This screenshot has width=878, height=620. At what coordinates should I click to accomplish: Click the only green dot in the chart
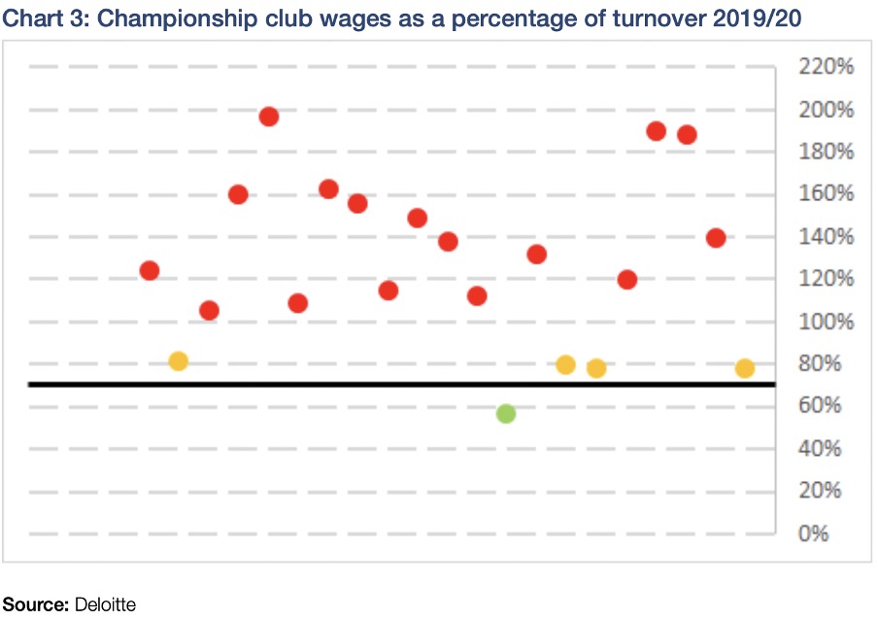(505, 414)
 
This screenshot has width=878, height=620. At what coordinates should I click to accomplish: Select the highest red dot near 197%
(269, 117)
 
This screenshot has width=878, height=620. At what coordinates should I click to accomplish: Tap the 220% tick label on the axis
(826, 67)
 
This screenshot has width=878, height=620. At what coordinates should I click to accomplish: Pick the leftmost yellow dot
(178, 362)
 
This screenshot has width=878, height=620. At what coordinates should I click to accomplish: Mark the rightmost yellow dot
(745, 368)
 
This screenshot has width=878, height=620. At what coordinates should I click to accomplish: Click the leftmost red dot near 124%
(149, 271)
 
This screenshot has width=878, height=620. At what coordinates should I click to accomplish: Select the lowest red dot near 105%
(209, 311)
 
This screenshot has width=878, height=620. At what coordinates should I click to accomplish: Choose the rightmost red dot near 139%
(716, 238)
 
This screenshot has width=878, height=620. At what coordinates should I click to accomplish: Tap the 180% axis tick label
(826, 152)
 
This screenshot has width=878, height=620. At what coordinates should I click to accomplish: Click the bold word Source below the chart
(35, 604)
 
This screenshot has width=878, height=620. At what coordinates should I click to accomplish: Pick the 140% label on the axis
(826, 237)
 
